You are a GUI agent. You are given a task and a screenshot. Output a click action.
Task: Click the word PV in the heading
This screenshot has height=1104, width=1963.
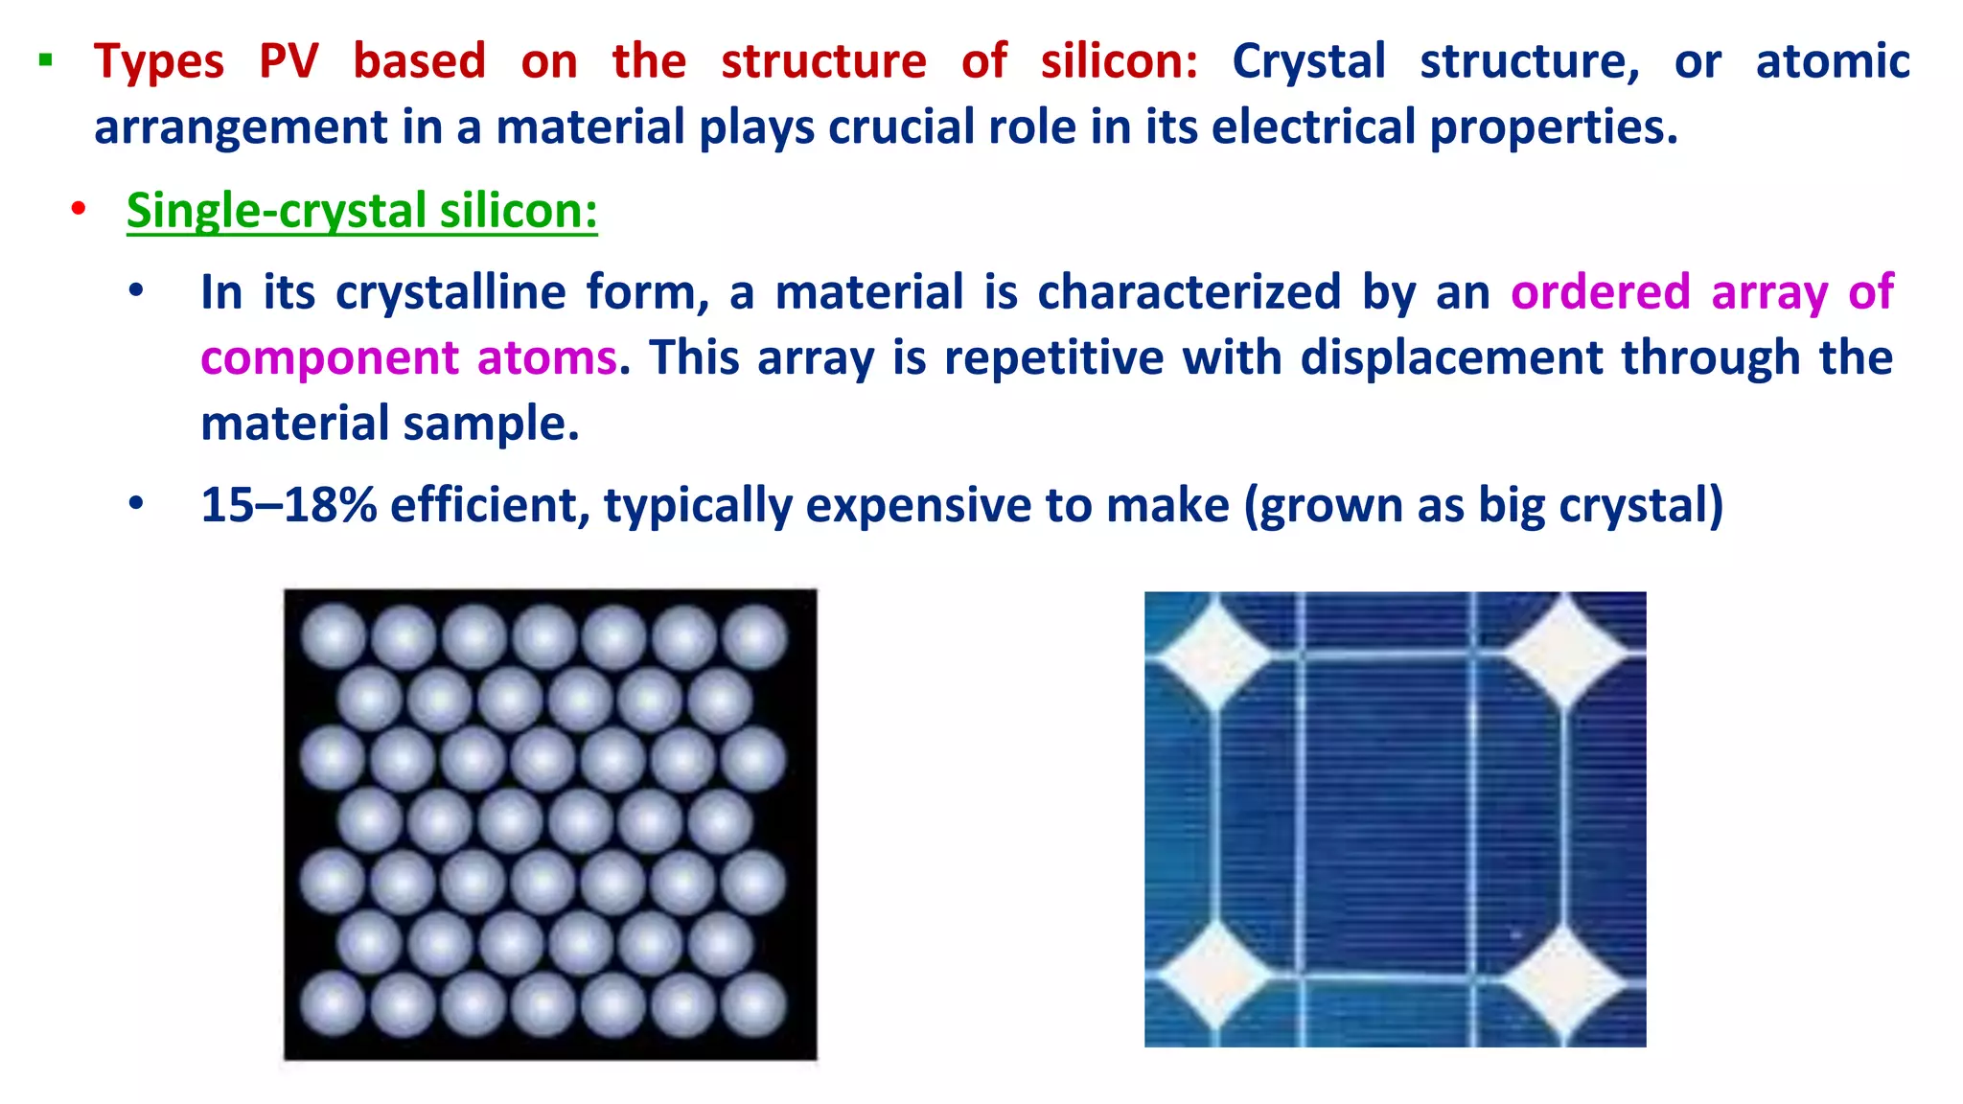[x=289, y=61]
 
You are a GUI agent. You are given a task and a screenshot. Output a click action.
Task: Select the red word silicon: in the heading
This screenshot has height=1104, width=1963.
[x=1119, y=61]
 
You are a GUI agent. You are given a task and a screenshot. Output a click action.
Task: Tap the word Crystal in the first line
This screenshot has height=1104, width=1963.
[x=1308, y=61]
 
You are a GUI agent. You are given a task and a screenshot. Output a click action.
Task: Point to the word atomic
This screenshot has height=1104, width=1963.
[x=1832, y=61]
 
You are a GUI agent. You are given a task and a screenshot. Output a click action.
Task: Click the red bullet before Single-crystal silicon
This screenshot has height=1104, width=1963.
[x=79, y=209]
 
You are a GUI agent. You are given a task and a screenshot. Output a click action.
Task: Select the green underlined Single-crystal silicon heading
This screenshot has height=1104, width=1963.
[x=361, y=210]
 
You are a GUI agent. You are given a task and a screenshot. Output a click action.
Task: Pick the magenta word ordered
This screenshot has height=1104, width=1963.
[x=1600, y=291]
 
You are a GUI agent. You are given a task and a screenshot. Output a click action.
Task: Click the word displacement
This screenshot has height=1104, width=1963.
[x=1451, y=357]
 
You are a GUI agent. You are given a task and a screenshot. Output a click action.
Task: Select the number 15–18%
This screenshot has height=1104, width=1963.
[x=289, y=505]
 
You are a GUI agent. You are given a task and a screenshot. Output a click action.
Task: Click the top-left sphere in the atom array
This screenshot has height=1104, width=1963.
[x=333, y=636]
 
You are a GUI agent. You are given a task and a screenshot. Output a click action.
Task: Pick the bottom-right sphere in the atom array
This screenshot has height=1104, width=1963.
[x=753, y=1005]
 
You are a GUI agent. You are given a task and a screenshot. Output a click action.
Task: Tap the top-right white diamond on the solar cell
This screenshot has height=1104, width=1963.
[x=1565, y=652]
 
